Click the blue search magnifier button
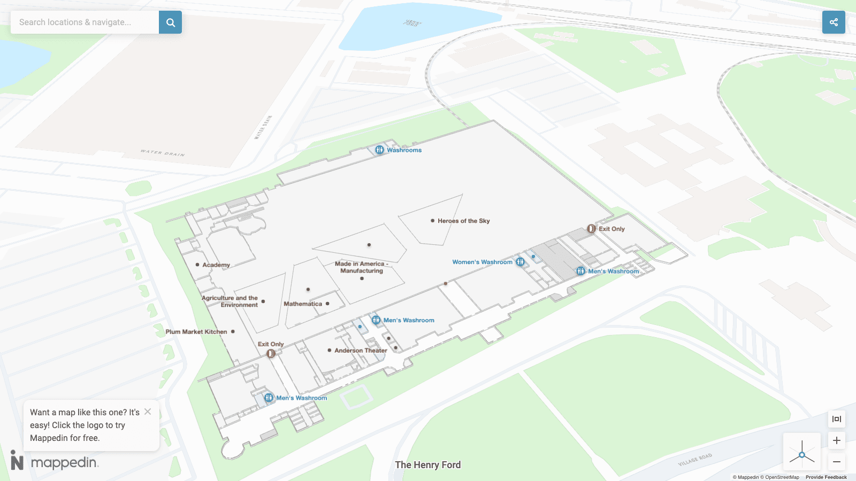(x=170, y=22)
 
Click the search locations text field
(x=85, y=22)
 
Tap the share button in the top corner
(x=834, y=22)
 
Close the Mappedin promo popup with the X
(x=148, y=412)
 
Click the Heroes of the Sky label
(x=463, y=221)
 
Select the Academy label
(x=216, y=265)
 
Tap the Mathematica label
(x=303, y=304)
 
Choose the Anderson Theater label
(x=361, y=351)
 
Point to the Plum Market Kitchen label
(x=196, y=332)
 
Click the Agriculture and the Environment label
(x=230, y=301)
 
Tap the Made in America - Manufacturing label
(x=362, y=267)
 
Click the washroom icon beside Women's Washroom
(x=520, y=262)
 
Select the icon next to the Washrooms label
(x=379, y=150)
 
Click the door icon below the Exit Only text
(x=271, y=353)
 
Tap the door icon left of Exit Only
(x=591, y=229)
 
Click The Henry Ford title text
(x=427, y=465)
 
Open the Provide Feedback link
(x=826, y=477)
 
